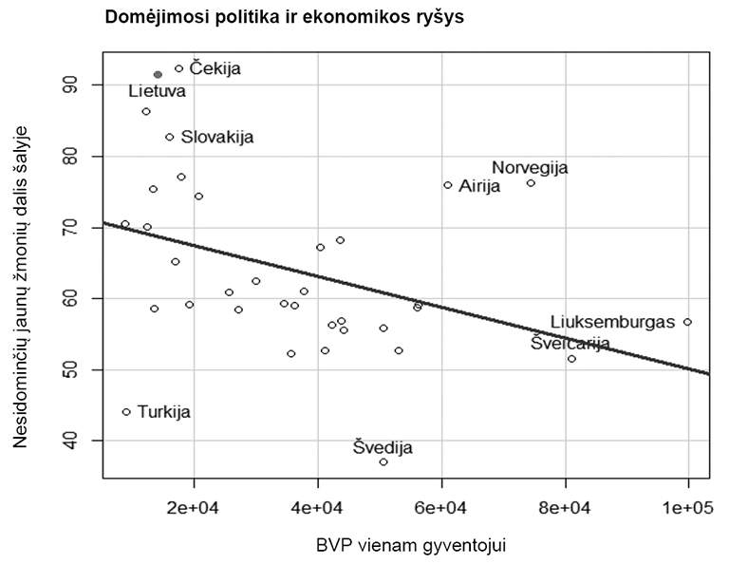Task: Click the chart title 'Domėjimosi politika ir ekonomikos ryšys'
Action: [284, 17]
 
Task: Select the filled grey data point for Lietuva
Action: [158, 74]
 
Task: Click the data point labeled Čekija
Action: [178, 68]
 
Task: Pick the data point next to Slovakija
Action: [170, 137]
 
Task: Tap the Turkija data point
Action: [126, 412]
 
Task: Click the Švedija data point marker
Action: [383, 461]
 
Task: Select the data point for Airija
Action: [448, 185]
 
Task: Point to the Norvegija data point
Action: [531, 182]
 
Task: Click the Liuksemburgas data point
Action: [687, 322]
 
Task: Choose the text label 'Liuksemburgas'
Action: [612, 322]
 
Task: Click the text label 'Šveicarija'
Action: [570, 343]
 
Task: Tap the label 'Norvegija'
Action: [530, 167]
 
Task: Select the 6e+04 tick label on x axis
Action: [441, 510]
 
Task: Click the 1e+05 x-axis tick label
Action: [688, 510]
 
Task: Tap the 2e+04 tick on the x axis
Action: [194, 510]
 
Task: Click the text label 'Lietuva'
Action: [158, 91]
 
